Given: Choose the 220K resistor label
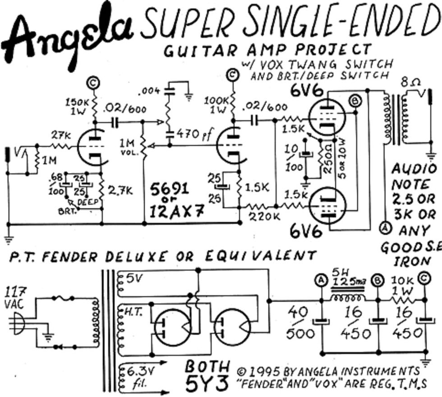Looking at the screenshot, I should (259, 216).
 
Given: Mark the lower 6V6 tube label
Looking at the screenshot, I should (307, 231).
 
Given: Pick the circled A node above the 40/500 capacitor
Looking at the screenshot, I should (321, 280).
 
